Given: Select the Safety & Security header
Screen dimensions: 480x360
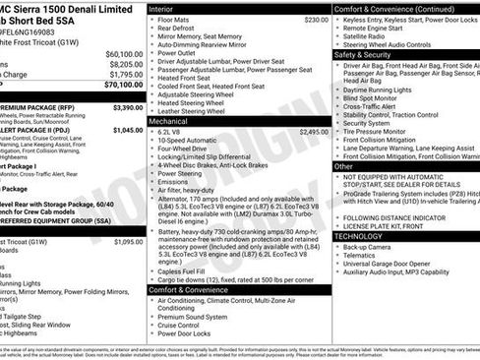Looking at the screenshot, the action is pos(364,55).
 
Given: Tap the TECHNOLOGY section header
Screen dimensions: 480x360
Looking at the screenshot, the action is pos(359,236).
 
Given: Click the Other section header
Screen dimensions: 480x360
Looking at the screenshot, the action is pos(344,167).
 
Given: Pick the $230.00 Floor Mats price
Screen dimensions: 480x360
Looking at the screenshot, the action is pos(316,20).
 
